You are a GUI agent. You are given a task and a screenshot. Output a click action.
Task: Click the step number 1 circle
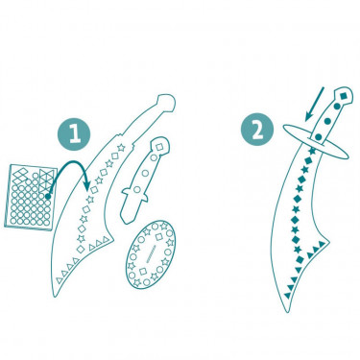(x=74, y=133)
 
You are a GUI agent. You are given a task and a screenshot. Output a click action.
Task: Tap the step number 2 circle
(x=257, y=130)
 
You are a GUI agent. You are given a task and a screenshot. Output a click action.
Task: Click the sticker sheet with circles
(x=30, y=197)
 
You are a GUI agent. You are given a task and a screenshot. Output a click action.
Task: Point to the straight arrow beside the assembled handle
(x=315, y=105)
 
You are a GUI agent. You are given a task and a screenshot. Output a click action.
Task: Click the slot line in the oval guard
(x=151, y=254)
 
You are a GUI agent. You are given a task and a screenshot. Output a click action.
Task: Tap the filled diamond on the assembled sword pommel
(x=344, y=96)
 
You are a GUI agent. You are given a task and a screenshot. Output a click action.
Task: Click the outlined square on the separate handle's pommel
(x=159, y=147)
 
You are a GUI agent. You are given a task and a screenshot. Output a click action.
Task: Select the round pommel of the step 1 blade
(x=167, y=103)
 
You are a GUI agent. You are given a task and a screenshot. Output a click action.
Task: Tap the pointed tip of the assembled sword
(x=287, y=311)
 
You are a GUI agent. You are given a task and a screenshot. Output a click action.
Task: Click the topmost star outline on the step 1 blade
(x=121, y=148)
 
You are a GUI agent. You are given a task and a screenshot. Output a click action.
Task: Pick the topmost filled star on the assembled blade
(x=311, y=150)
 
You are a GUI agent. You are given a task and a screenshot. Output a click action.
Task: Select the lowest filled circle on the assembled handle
(x=318, y=137)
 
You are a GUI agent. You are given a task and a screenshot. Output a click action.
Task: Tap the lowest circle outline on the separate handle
(x=137, y=189)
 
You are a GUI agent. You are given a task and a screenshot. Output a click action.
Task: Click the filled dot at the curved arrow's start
(x=48, y=196)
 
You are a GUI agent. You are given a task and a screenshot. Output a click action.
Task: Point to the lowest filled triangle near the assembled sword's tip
(x=287, y=295)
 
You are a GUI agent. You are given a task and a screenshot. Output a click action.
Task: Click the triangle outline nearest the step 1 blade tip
(x=60, y=280)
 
